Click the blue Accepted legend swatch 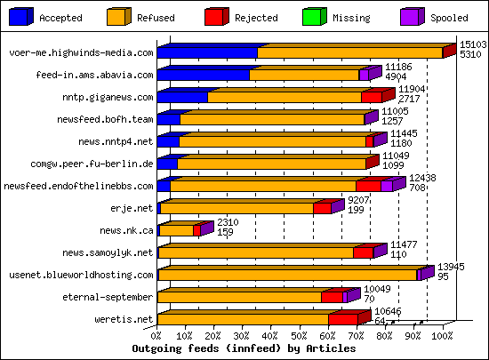tap(20, 17)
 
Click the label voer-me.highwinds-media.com tap(81, 53)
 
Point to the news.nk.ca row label tap(126, 230)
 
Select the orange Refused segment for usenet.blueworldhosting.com tap(286, 275)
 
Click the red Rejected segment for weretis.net tap(342, 319)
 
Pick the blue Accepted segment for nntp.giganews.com tap(182, 97)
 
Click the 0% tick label tap(156, 336)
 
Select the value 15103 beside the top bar tap(472, 44)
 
